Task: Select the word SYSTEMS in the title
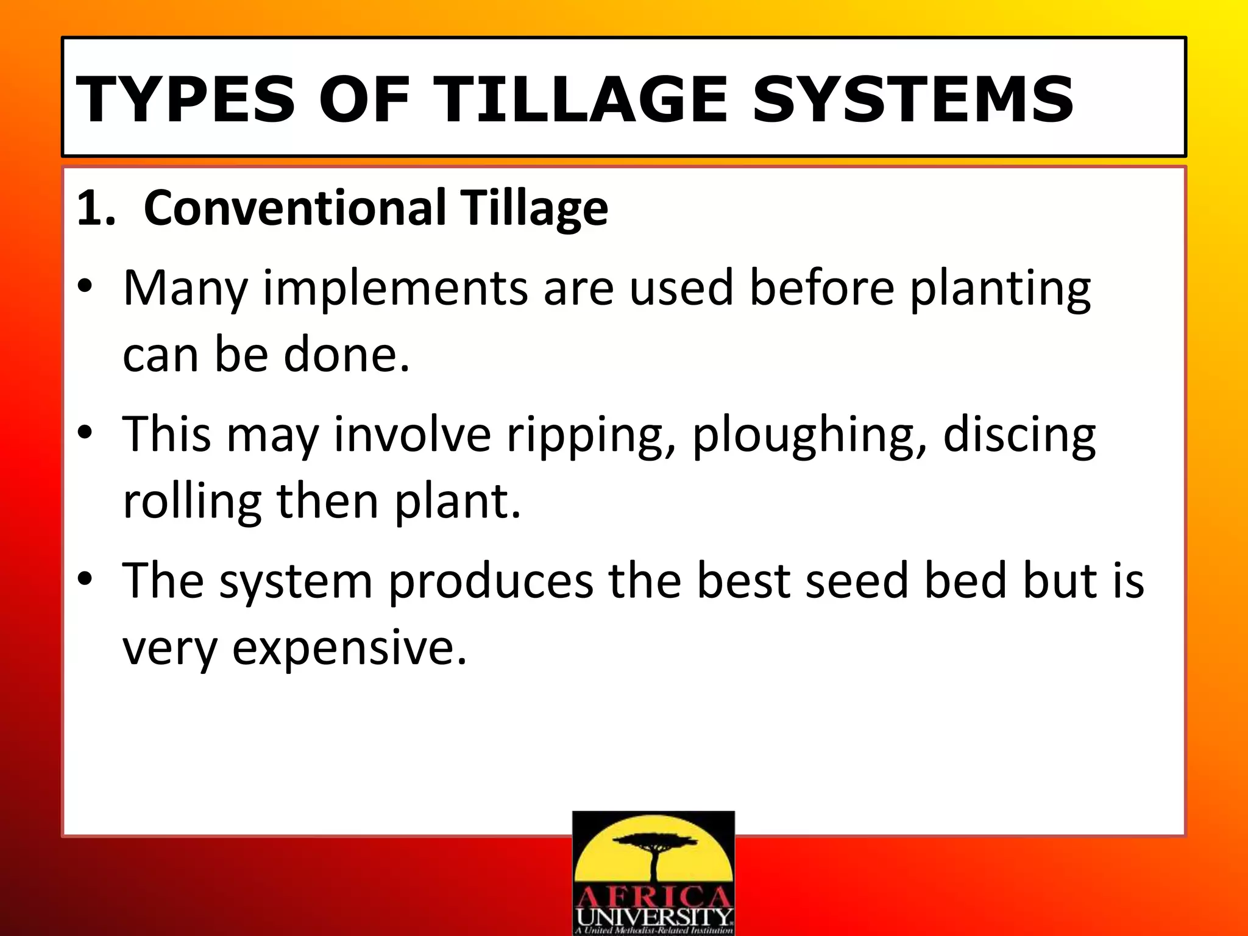pos(912,99)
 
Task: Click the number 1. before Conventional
pos(96,208)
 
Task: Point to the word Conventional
pos(295,208)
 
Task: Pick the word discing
pos(1019,436)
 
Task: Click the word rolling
pos(192,501)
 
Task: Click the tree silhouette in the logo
pos(654,853)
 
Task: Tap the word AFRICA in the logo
pos(654,897)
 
